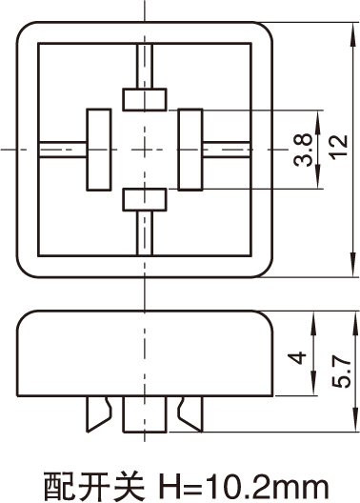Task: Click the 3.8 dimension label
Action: pos(303,150)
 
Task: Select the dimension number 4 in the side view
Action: pos(297,358)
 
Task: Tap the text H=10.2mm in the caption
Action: pos(244,487)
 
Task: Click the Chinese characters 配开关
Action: pos(94,487)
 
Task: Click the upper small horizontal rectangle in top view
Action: pos(145,99)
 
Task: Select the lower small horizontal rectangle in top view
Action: pos(145,199)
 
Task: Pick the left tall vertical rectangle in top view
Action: pos(99,150)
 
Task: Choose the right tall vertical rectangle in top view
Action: pos(190,150)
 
